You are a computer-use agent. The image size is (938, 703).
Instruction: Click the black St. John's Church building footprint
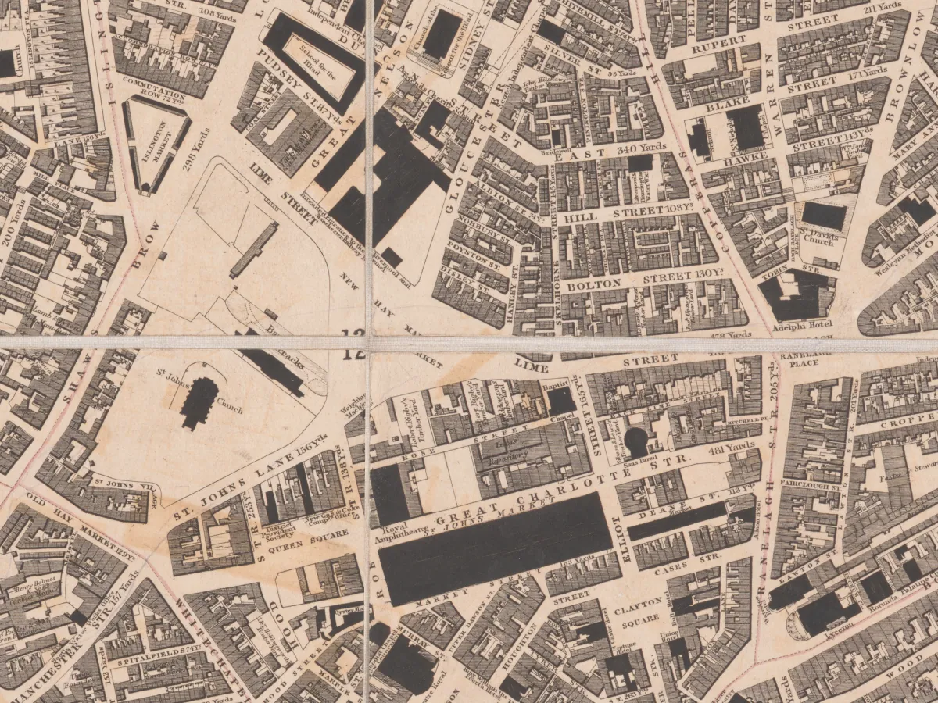[x=200, y=401]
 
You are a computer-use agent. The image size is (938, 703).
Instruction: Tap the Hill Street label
[x=628, y=212]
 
